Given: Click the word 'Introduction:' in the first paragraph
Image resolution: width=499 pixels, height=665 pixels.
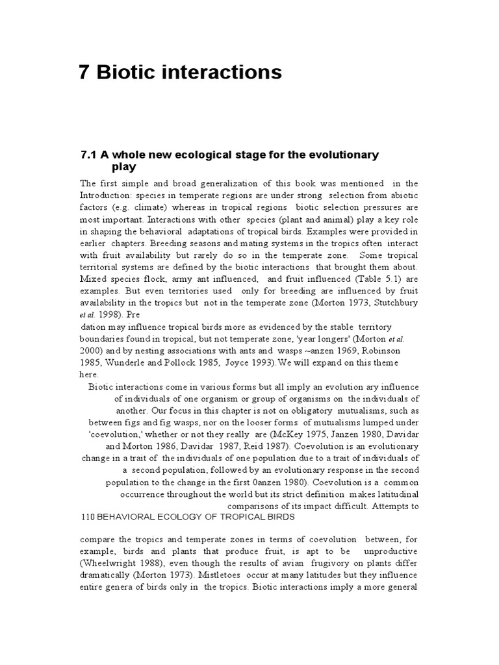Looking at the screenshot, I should click(107, 195).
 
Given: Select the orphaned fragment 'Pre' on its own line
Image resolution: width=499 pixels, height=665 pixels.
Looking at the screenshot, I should click(88, 314).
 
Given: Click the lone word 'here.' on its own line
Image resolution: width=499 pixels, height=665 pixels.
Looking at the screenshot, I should click(89, 375).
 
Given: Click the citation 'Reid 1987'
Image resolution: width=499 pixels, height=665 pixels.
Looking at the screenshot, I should click(268, 447).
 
